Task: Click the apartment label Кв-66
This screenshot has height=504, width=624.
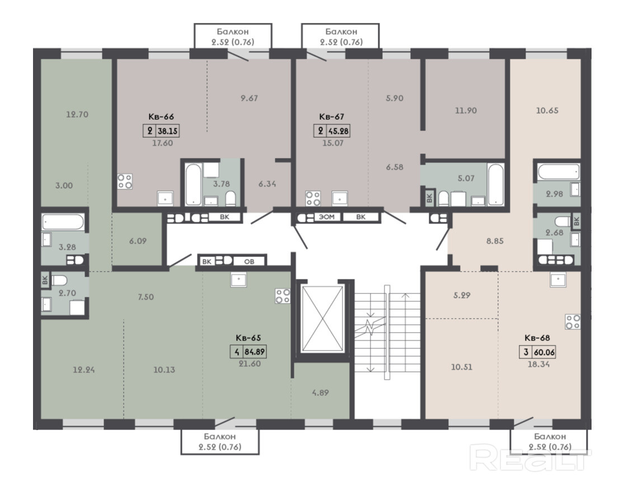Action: coord(161,116)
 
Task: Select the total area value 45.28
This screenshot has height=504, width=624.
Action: coord(339,130)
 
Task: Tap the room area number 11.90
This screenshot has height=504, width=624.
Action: coord(466,110)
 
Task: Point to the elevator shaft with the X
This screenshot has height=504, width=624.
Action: coord(323,319)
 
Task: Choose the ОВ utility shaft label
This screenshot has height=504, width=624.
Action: coord(249,262)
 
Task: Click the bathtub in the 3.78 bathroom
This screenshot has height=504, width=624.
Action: coord(194,184)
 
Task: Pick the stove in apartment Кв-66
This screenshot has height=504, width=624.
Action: coord(125,181)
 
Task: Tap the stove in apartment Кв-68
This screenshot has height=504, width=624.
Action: coord(573,321)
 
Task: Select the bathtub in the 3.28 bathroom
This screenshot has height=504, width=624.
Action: coord(63,222)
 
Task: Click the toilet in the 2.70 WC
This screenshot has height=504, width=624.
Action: coord(59,281)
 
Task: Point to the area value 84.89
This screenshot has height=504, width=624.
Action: coord(255,352)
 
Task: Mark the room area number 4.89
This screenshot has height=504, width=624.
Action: coord(320,393)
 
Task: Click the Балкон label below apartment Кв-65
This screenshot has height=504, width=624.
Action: coord(220,436)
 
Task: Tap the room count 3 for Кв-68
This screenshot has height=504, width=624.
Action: coord(526,352)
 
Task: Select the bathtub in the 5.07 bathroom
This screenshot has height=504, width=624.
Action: coord(496,184)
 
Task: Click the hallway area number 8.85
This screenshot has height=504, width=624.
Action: coord(495,241)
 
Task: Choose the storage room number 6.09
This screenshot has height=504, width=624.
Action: coord(138,241)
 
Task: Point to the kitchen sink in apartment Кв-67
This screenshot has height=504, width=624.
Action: coord(340,198)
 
